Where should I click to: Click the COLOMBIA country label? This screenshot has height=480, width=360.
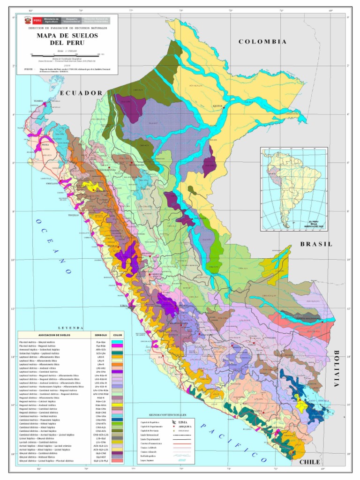tap(262, 42)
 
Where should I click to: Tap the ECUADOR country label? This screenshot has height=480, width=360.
tap(81, 93)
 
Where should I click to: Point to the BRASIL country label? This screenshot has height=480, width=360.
tap(316, 244)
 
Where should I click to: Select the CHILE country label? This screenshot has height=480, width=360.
tap(309, 462)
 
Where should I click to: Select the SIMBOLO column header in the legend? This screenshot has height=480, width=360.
tap(101, 336)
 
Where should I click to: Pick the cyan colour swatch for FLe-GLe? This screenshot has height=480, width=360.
tap(117, 342)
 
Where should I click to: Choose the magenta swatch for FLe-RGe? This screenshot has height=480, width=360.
tap(117, 346)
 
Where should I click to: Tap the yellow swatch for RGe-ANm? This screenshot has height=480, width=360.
tap(117, 405)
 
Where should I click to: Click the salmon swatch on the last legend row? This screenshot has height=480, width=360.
tap(117, 461)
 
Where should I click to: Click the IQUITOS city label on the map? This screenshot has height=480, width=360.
tap(217, 106)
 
